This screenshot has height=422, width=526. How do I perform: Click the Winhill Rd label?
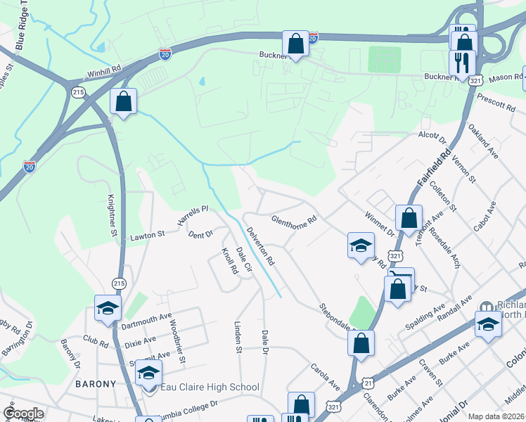point(105,70)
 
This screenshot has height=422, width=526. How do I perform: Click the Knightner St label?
point(111,215)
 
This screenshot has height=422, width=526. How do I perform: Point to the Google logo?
point(23,414)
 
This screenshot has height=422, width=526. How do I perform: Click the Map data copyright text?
point(496,416)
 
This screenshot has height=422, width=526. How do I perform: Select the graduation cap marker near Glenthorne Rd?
point(361,246)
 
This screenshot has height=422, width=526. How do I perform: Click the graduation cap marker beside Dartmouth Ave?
point(108,308)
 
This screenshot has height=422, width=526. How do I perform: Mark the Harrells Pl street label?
point(193,215)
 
